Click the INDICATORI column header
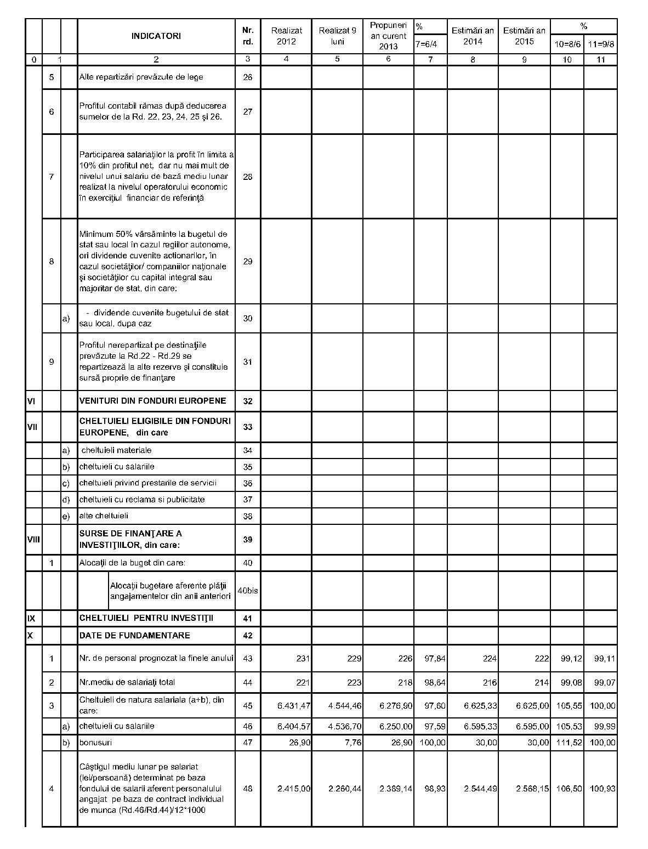156,36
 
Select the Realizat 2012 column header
286,36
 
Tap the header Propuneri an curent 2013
388,36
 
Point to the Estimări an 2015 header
524,36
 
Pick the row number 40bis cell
248,591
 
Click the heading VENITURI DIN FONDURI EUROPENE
152,401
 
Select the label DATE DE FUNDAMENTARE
135,636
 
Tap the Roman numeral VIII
33,540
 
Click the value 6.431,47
294,706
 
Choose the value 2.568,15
532,789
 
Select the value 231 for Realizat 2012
303,659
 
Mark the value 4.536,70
345,726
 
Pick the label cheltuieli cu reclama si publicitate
142,500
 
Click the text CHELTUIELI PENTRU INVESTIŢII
146,618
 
